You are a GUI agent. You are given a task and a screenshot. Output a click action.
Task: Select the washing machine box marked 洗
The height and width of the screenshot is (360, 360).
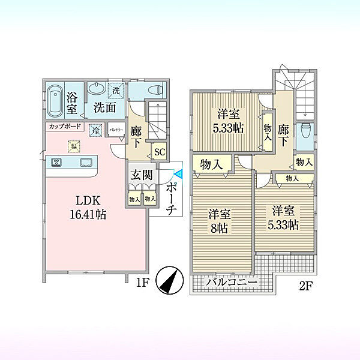click(117, 89)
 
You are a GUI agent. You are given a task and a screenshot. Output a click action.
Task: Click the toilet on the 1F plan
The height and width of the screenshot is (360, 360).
click(155, 91)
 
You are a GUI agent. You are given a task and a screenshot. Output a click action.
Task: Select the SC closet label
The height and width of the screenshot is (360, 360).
click(159, 152)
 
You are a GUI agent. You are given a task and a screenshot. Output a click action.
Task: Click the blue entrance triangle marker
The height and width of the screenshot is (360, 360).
click(178, 173)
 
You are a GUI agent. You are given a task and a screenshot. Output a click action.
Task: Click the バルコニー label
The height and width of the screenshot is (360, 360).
click(232, 282)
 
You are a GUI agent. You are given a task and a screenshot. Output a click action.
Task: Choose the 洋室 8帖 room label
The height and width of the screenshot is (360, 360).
click(220, 221)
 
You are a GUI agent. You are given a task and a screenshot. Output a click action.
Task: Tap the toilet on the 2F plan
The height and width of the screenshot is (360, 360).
click(305, 129)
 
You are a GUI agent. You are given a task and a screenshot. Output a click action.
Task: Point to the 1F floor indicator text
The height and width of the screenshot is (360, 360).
click(142, 280)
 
